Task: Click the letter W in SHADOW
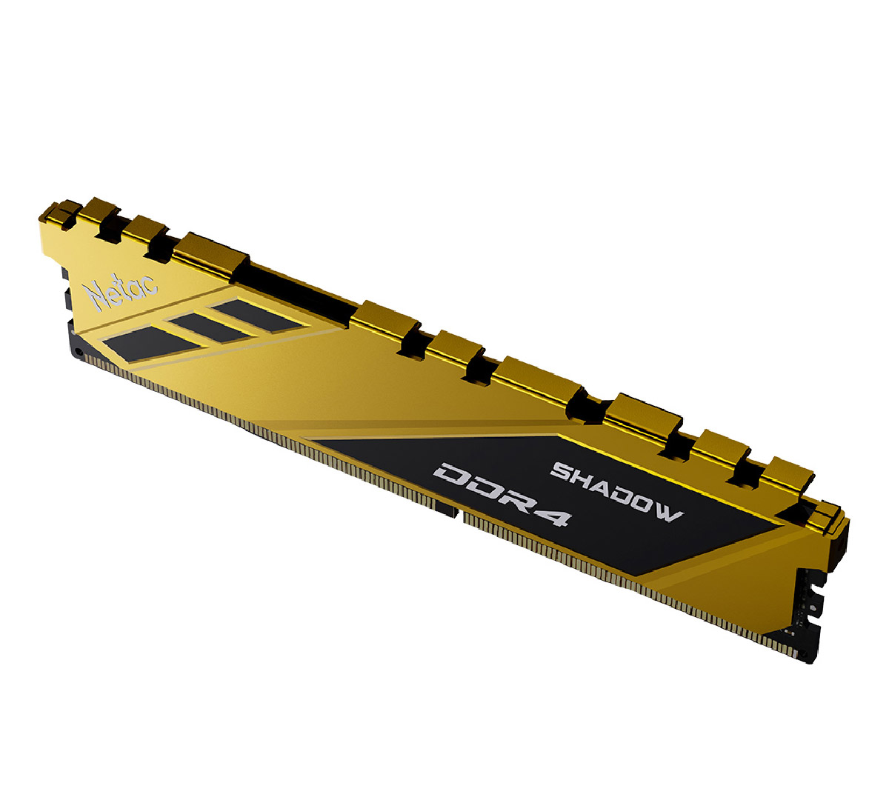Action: coord(668,512)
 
